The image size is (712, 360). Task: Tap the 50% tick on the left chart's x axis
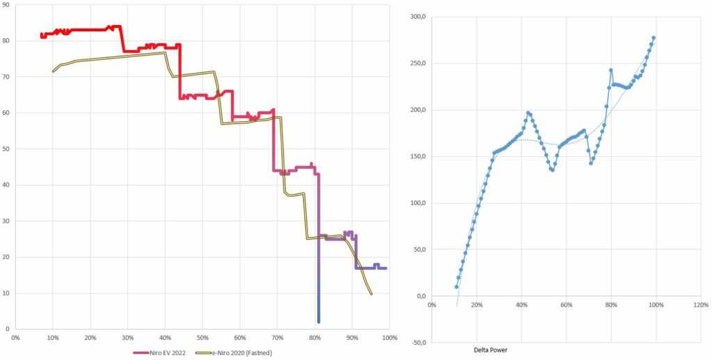(x=202, y=338)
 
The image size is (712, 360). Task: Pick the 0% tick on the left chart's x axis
(x=15, y=338)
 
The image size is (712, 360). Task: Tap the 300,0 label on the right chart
(x=417, y=17)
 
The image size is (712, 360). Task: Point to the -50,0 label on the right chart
(x=417, y=343)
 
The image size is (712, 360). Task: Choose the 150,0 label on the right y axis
(x=417, y=156)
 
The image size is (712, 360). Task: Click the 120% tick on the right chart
(x=701, y=305)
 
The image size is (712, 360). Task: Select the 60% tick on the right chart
(x=566, y=305)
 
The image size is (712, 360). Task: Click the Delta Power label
(x=491, y=350)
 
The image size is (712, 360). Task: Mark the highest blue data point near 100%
(x=654, y=38)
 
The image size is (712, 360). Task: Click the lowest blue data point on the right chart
(x=457, y=287)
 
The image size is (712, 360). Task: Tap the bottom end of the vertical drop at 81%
(x=318, y=321)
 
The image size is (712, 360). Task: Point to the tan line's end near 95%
(x=371, y=294)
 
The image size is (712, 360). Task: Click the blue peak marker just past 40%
(x=528, y=113)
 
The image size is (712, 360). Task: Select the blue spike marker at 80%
(x=610, y=70)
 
